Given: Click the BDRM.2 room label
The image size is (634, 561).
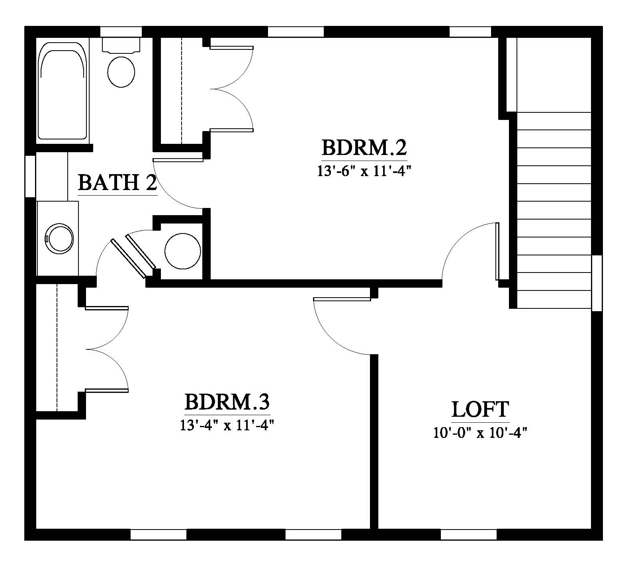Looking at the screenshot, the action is (x=364, y=148).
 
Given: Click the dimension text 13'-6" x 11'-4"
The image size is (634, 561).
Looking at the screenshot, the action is (x=364, y=171).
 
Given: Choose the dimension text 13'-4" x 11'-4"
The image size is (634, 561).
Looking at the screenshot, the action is (x=227, y=425).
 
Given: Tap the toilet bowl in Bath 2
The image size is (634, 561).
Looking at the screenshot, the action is (x=121, y=72).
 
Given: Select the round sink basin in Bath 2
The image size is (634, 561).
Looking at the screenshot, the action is (x=60, y=239).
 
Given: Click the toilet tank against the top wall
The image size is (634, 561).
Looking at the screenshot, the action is (x=121, y=45).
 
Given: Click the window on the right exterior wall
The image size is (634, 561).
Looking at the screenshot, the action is (x=597, y=283).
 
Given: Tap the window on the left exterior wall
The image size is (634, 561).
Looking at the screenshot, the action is (x=30, y=176).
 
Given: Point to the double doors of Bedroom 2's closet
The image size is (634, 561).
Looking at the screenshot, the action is (x=231, y=88).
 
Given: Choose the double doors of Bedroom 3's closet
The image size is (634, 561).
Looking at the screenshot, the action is (x=107, y=349).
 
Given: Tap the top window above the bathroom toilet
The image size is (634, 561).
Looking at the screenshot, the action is (x=121, y=31).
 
